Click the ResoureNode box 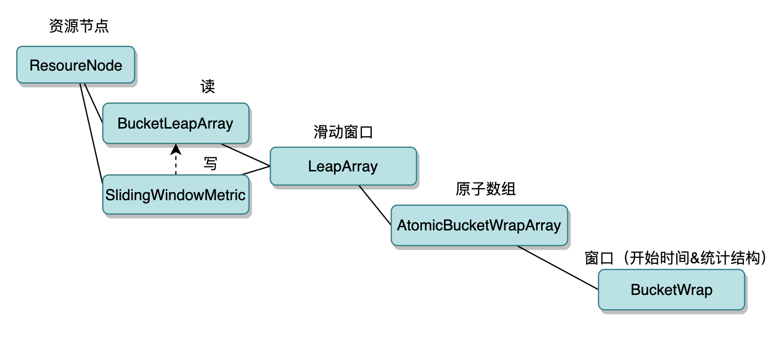(x=76, y=65)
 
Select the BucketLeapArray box (x=175, y=124)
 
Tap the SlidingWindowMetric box (x=175, y=195)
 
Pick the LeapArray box (x=343, y=166)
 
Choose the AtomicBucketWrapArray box (x=479, y=225)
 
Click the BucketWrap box (x=671, y=290)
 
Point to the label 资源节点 (x=79, y=27)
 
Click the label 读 (x=208, y=87)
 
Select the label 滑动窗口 (x=343, y=133)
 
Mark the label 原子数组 (x=486, y=190)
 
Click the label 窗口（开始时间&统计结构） (x=675, y=259)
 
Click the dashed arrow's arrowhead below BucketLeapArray (x=175, y=149)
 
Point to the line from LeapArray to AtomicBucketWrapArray (x=375, y=205)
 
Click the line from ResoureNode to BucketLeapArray (x=94, y=103)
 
